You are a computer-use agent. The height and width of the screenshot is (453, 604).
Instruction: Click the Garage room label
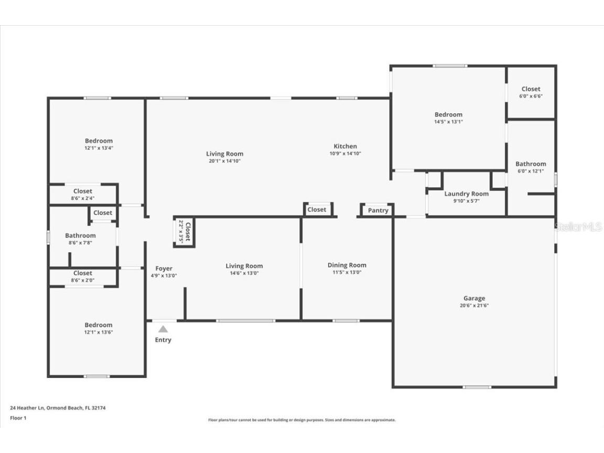click(x=474, y=298)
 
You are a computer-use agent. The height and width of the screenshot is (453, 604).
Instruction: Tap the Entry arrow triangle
click(x=163, y=329)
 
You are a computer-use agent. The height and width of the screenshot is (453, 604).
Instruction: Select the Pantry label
click(x=378, y=210)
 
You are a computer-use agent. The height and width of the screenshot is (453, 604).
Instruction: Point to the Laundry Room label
click(x=466, y=194)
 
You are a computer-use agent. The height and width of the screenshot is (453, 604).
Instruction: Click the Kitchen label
click(x=345, y=146)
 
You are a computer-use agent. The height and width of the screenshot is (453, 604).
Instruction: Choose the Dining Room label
click(x=347, y=265)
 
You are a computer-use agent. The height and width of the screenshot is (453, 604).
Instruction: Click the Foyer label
click(x=164, y=268)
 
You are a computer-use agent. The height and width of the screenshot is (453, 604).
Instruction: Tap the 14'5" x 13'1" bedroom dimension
click(x=448, y=122)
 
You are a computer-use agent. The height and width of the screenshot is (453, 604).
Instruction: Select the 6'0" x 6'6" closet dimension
click(x=531, y=96)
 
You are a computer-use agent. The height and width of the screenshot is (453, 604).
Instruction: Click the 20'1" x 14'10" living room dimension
click(x=224, y=161)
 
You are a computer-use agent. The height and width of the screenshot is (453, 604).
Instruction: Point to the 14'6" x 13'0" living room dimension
click(x=244, y=273)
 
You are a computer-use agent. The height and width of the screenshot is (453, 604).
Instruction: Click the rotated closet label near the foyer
click(x=185, y=231)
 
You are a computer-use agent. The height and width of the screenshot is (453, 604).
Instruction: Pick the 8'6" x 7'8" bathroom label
click(x=80, y=236)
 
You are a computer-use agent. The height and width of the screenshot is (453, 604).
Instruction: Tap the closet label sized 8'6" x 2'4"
click(x=83, y=191)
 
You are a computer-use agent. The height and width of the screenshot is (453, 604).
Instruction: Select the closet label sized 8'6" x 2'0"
click(x=83, y=273)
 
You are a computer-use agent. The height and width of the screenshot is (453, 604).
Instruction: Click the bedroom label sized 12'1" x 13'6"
click(x=99, y=325)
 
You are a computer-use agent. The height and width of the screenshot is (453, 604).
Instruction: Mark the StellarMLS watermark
click(x=578, y=227)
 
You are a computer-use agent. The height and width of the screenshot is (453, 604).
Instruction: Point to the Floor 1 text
click(x=18, y=418)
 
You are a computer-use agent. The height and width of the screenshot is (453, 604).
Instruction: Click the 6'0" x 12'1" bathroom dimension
click(x=531, y=171)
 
